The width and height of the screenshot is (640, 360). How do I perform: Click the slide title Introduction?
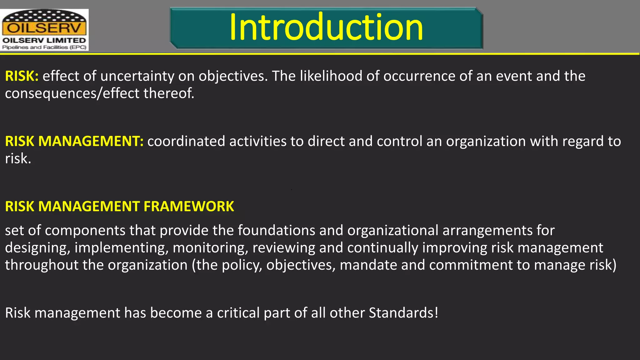pyautogui.click(x=326, y=27)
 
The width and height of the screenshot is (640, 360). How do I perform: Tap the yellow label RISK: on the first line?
pyautogui.click(x=22, y=76)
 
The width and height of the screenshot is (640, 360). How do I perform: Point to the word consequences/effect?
pyautogui.click(x=72, y=93)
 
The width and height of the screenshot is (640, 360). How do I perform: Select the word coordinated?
pyautogui.click(x=186, y=141)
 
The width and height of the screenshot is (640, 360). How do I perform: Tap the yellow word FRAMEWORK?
pyautogui.click(x=189, y=207)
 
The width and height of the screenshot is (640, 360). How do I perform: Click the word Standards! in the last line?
pyautogui.click(x=403, y=313)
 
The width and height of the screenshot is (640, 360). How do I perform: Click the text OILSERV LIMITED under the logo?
pyautogui.click(x=44, y=41)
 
